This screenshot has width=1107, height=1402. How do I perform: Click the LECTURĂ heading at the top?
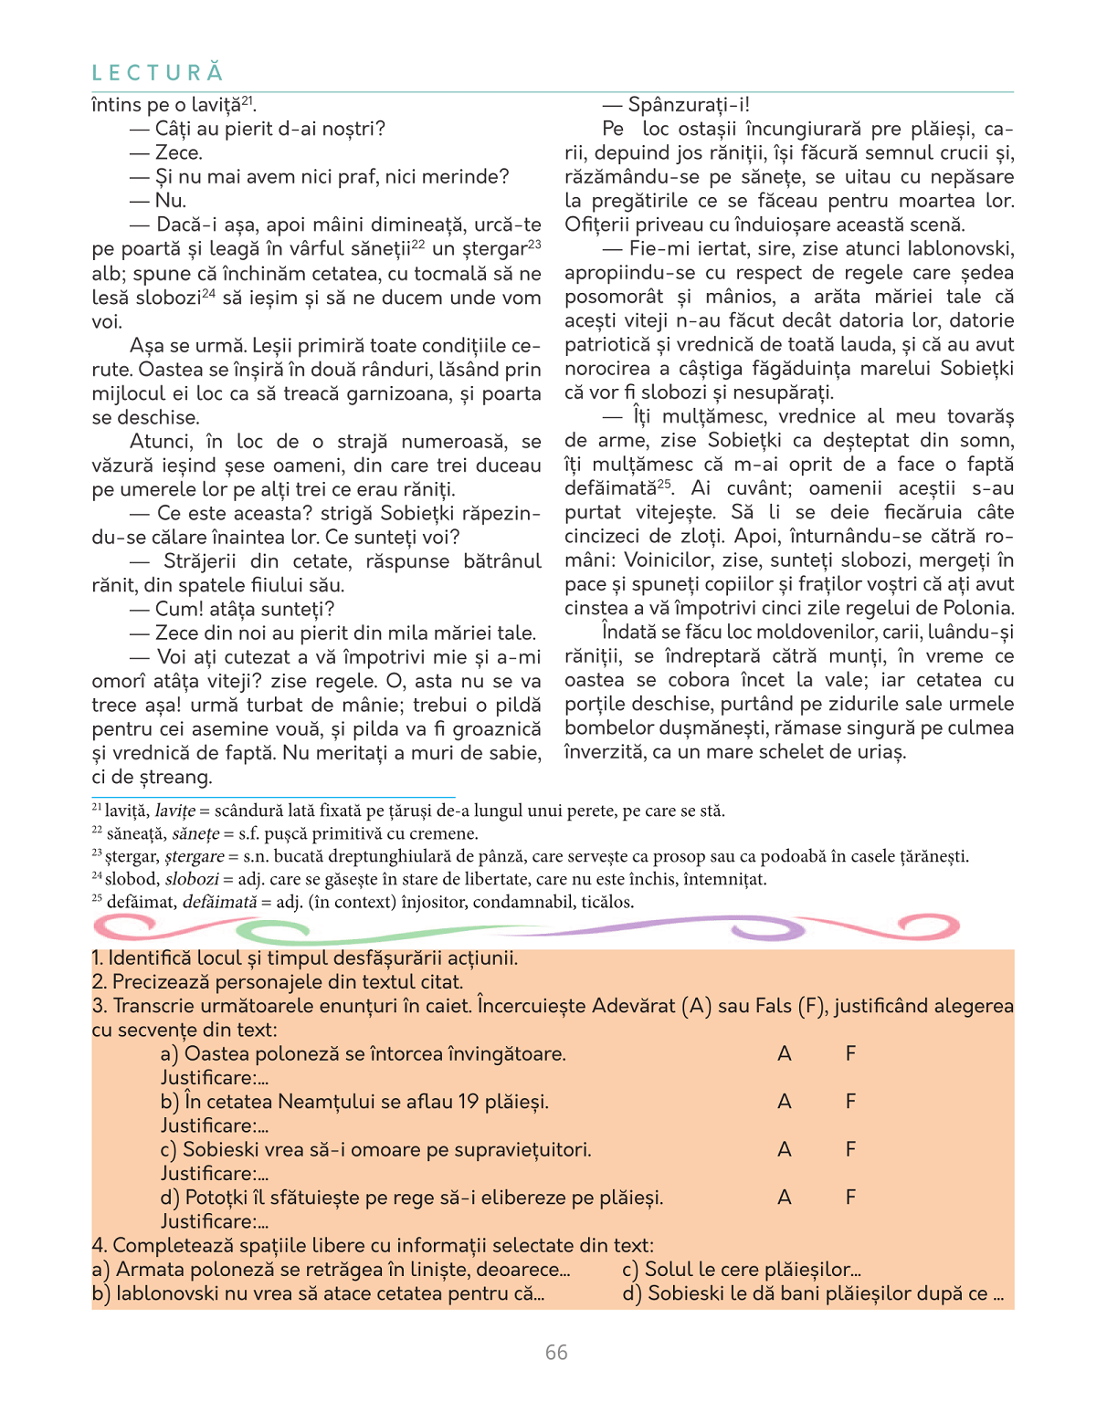point(158,73)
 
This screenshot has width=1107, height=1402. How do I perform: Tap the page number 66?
point(556,1353)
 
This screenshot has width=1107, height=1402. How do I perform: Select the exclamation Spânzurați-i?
point(689,105)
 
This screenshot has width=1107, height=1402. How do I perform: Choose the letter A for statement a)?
point(784,1054)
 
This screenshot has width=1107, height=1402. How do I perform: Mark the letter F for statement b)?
point(850,1102)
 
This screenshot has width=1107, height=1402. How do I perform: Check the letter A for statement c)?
point(784,1150)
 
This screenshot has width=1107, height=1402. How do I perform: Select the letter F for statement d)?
point(850,1198)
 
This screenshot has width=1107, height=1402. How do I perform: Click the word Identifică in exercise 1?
point(149,958)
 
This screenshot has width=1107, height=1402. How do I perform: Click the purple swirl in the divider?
point(767,930)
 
